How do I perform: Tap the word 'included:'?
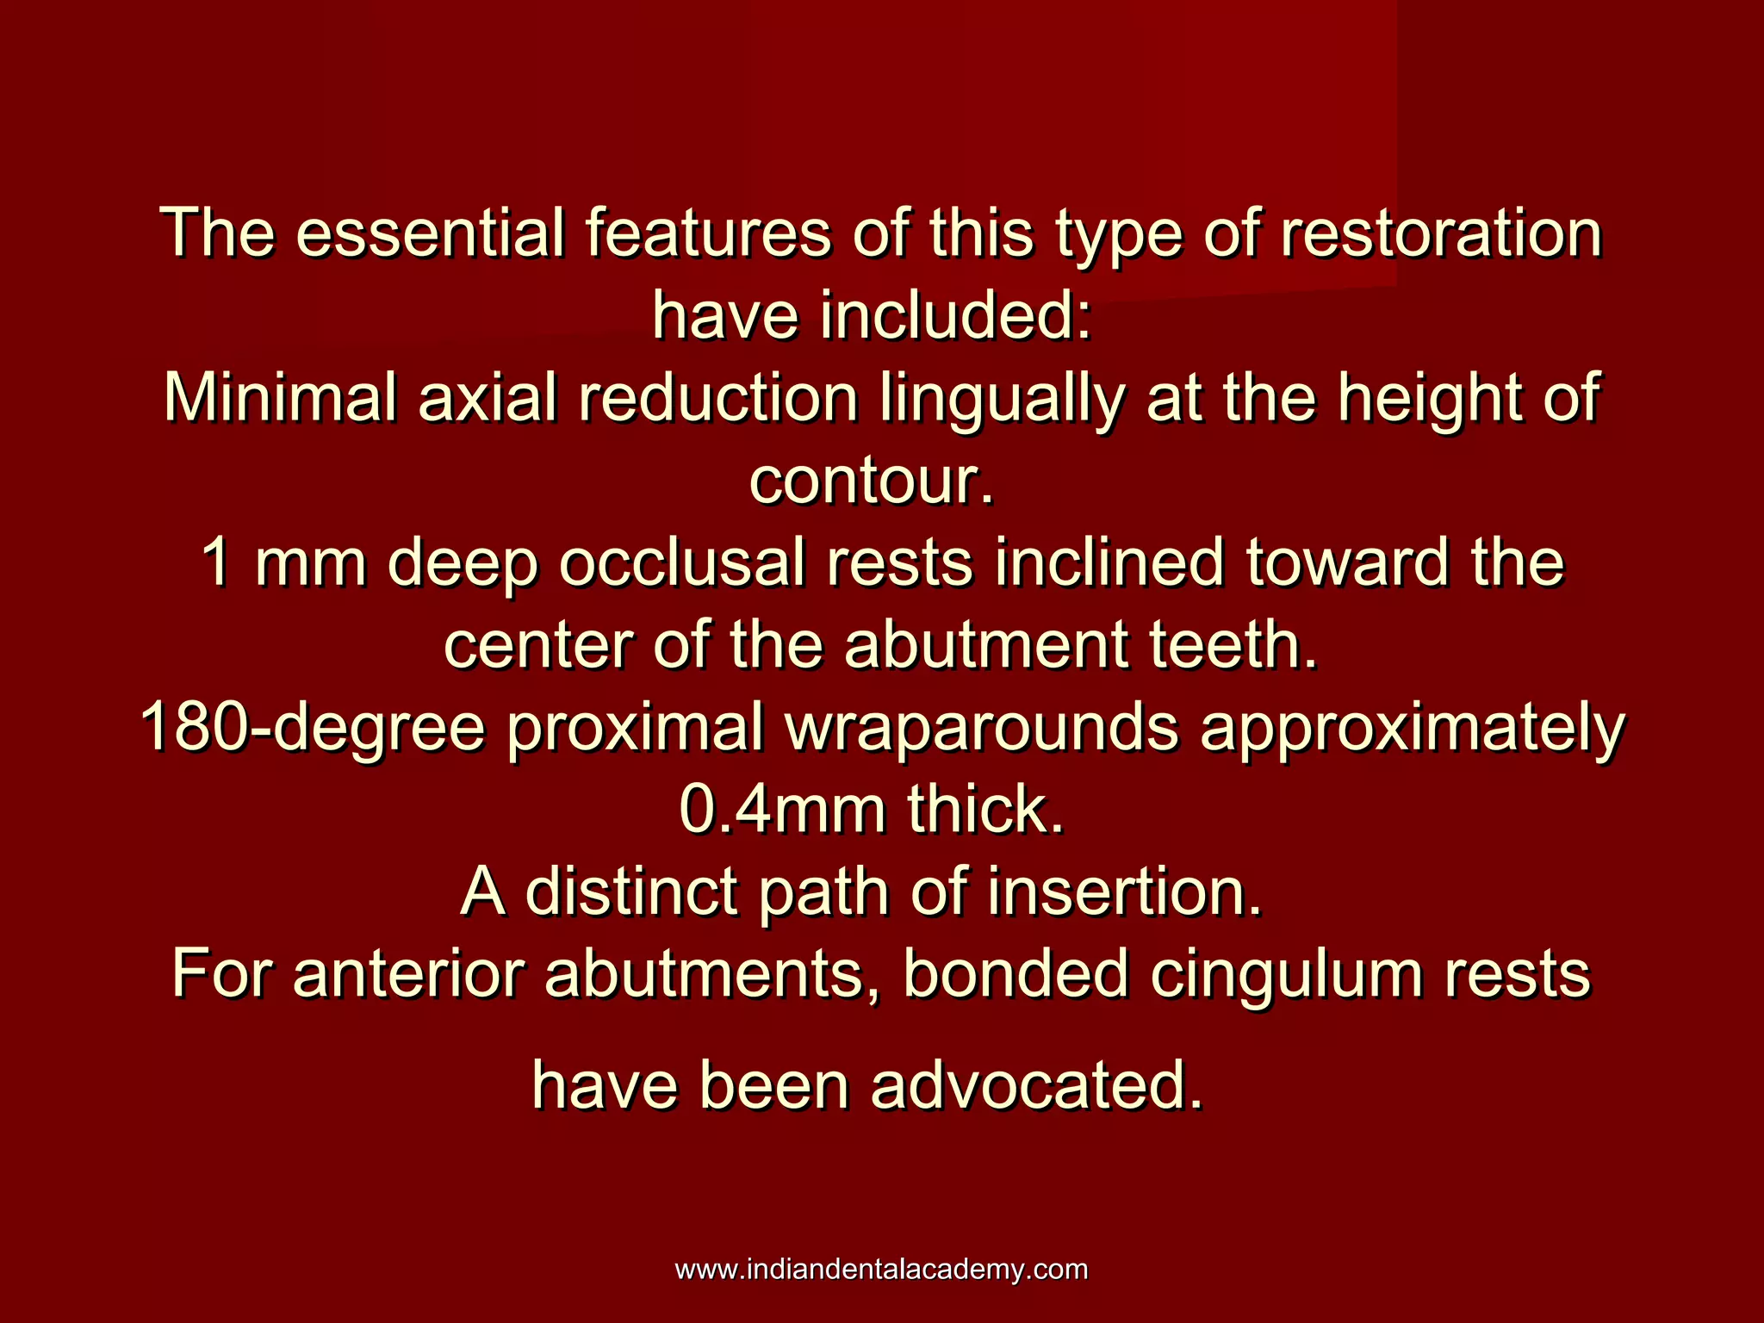tap(956, 315)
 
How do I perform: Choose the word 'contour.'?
tap(872, 480)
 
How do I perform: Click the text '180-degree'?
tap(313, 729)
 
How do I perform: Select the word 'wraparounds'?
tap(981, 729)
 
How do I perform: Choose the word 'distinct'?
tap(630, 892)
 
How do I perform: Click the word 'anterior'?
tap(407, 974)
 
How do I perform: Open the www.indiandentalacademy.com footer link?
tap(881, 1270)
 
